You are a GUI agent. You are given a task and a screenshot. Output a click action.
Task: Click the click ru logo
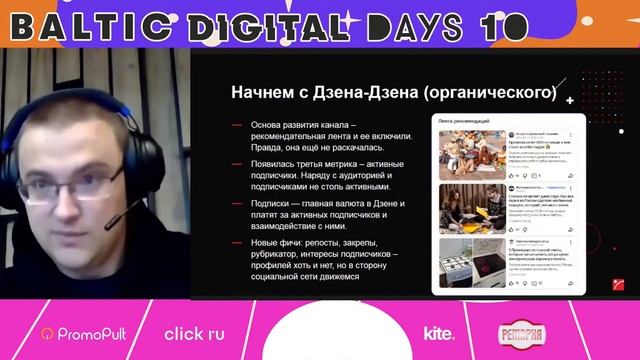tap(196, 333)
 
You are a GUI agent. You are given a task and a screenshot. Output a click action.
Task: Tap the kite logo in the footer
tap(439, 334)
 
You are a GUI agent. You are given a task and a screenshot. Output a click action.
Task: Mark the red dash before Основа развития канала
tap(236, 125)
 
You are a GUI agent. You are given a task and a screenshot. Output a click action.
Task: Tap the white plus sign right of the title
tap(569, 101)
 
